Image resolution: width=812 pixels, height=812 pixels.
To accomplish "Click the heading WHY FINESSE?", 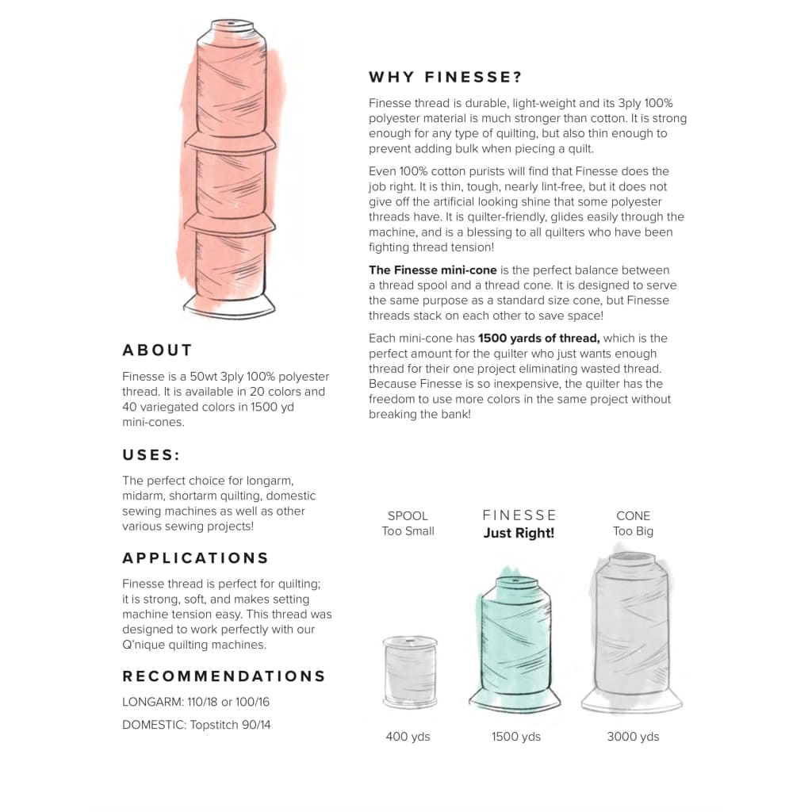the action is click(x=445, y=77).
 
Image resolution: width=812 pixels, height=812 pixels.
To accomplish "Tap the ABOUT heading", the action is click(x=158, y=350).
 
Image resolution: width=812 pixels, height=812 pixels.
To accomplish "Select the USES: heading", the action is click(x=151, y=455).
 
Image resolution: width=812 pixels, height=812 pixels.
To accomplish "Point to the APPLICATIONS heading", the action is click(x=195, y=558).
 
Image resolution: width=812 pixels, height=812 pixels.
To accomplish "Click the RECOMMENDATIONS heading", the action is click(x=224, y=676).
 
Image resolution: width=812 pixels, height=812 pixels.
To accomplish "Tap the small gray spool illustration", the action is click(x=410, y=672).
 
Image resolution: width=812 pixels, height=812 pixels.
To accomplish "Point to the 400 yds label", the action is click(x=408, y=737).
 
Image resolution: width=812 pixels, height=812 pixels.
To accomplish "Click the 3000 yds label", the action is click(x=633, y=737).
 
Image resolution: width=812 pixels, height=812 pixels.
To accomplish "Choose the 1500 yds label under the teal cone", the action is click(x=515, y=737).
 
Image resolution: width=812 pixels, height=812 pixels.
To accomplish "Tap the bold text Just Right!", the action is click(x=519, y=533).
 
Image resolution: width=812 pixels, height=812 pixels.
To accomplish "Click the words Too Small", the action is click(x=408, y=530).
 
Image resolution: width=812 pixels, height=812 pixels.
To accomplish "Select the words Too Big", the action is click(x=633, y=531).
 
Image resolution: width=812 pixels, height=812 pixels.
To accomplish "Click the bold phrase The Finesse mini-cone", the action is click(x=432, y=270).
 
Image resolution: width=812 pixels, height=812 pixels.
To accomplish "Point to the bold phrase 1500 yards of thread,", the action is click(x=538, y=338).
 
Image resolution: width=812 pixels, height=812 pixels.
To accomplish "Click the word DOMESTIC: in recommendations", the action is click(x=154, y=725).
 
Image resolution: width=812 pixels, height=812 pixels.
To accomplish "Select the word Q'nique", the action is click(x=142, y=645).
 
